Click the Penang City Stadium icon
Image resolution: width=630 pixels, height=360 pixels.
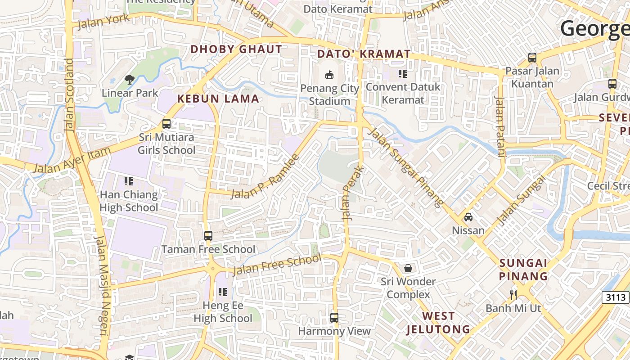point(329,74)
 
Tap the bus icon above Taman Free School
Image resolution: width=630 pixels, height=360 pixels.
point(208,235)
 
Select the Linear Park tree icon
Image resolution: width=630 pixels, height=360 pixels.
point(130,80)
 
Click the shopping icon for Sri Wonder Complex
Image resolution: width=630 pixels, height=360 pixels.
point(408,268)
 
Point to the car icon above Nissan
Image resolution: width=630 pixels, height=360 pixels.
point(468,217)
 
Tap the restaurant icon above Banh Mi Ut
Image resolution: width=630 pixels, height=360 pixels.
point(513,295)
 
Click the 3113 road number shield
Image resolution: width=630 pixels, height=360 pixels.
point(615,297)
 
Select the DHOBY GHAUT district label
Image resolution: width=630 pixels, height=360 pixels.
point(237,49)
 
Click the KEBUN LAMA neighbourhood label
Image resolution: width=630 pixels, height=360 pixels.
point(218,99)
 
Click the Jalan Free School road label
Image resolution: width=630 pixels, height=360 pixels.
point(277,265)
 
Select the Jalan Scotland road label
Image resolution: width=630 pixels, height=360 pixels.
point(69,94)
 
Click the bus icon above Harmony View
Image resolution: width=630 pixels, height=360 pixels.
point(334,318)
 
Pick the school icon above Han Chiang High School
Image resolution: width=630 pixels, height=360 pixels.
point(129,181)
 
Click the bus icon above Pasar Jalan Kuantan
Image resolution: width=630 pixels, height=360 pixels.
point(532,58)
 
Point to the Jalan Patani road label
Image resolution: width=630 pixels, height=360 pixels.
point(500,126)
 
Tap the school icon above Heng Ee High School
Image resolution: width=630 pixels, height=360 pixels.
point(223,292)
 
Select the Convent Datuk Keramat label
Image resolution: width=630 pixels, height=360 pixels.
point(403,93)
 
